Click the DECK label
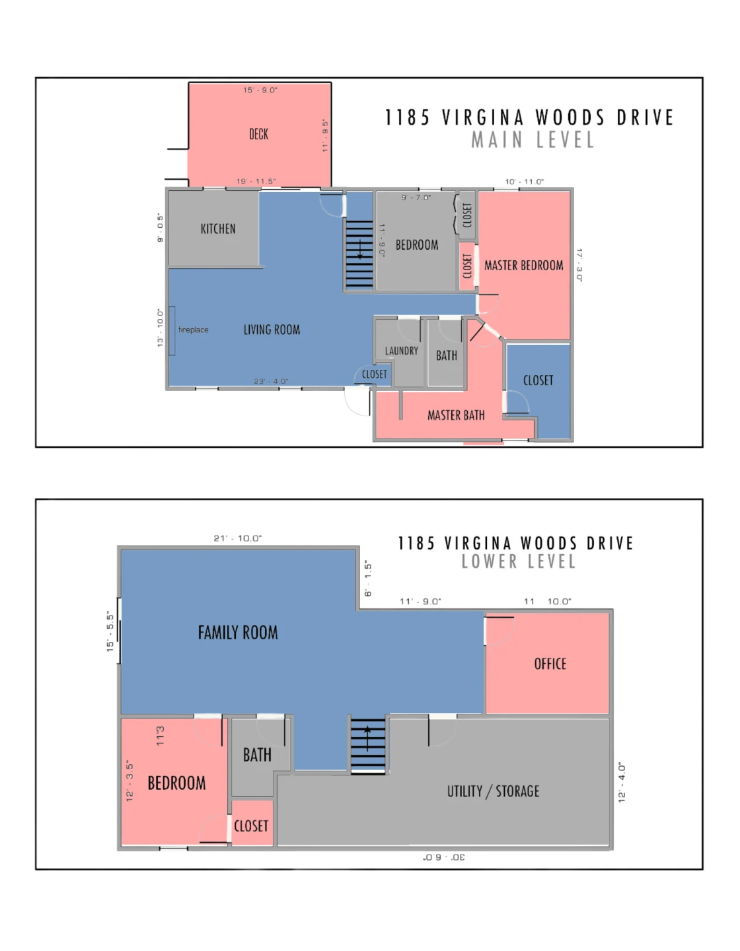258,134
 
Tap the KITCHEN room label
218,229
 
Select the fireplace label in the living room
193,330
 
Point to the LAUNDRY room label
402,351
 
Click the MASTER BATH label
456,415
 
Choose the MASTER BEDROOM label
524,265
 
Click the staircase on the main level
359,254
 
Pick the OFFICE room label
550,664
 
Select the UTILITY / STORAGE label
493,791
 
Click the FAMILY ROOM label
238,633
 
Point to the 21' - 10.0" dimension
237,538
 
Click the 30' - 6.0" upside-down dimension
444,857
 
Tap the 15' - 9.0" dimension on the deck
260,90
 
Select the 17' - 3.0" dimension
579,265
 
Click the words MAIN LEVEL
533,140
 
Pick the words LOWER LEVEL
519,561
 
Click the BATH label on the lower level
257,755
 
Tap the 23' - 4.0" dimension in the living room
271,381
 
